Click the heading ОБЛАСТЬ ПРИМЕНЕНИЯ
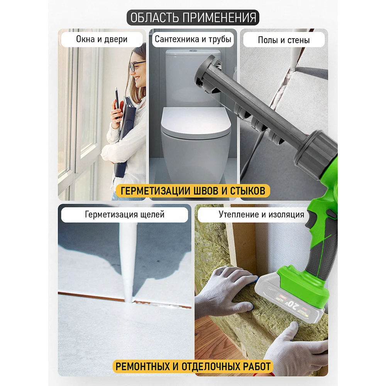click(193, 17)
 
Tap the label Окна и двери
click(102, 39)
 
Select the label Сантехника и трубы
click(193, 39)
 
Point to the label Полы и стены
click(284, 40)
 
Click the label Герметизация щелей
click(125, 214)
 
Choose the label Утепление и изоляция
click(261, 214)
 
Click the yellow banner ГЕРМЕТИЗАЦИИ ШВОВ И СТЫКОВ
click(193, 191)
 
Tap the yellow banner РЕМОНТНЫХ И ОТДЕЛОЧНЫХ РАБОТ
click(193, 366)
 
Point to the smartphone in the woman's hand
click(117, 102)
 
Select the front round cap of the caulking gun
click(206, 74)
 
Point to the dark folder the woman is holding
click(126, 133)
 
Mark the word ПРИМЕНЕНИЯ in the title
click(220, 17)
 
